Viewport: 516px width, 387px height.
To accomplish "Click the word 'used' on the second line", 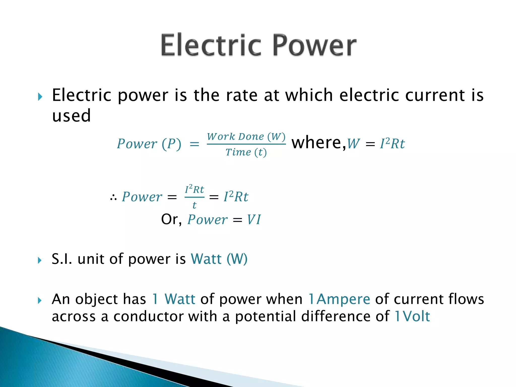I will point(71,116).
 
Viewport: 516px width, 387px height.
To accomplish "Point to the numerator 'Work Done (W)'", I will point(246,137).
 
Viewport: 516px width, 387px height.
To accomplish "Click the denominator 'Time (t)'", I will point(246,152).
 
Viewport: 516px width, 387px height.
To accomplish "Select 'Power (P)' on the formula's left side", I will point(149,144).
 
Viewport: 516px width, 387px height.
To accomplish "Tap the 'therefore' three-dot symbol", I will point(113,198).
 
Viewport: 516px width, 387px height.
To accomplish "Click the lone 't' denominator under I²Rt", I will point(194,205).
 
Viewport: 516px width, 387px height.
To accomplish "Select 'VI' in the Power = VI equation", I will point(254,219).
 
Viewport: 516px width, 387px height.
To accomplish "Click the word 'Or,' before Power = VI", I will point(171,219).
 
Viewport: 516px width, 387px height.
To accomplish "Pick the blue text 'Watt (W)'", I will point(219,259).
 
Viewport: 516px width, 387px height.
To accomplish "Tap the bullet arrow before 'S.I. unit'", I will point(40,260).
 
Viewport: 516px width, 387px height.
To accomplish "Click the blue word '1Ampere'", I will point(339,299).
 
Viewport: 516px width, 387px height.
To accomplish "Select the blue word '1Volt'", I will point(412,316).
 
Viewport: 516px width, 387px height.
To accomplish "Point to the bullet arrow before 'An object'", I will point(40,300).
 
